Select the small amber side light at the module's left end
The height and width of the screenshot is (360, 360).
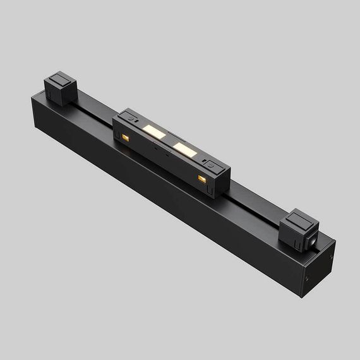125,137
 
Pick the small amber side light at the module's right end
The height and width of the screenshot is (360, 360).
202,180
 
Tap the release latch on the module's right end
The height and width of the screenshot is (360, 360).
213,167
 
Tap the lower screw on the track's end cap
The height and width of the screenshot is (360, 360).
308,277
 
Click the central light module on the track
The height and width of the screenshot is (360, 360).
172,152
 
